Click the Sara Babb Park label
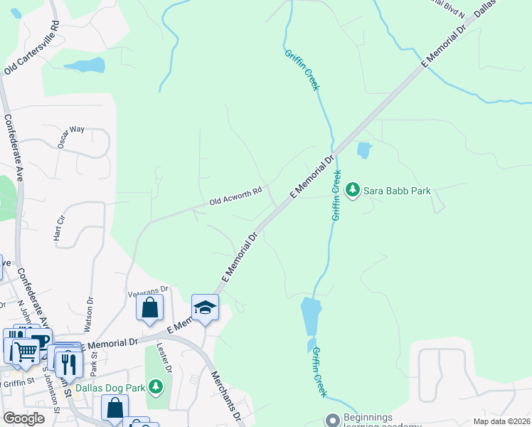(x=397, y=190)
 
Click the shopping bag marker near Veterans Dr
(x=149, y=307)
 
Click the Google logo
(x=24, y=418)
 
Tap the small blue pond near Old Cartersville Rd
(x=85, y=66)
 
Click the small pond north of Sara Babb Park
(x=363, y=150)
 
